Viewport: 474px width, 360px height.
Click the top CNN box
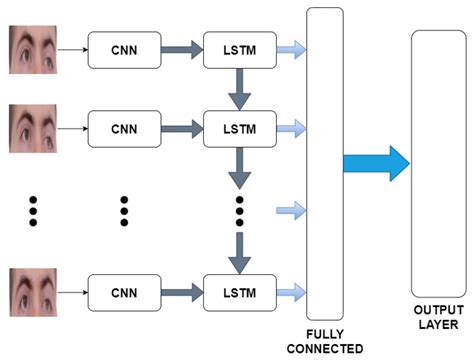pyautogui.click(x=123, y=48)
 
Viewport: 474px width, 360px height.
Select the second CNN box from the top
pyautogui.click(x=123, y=127)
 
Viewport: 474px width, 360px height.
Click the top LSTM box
pyautogui.click(x=240, y=48)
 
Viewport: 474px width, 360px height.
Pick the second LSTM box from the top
pyautogui.click(x=240, y=127)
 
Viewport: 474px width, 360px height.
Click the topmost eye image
pyautogui.click(x=35, y=47)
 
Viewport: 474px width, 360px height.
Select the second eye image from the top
pyautogui.click(x=35, y=127)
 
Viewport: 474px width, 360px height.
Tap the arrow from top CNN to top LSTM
pyautogui.click(x=181, y=48)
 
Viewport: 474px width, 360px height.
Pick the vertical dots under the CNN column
pyautogui.click(x=124, y=211)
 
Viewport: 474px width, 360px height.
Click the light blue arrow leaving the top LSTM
pyautogui.click(x=291, y=48)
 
